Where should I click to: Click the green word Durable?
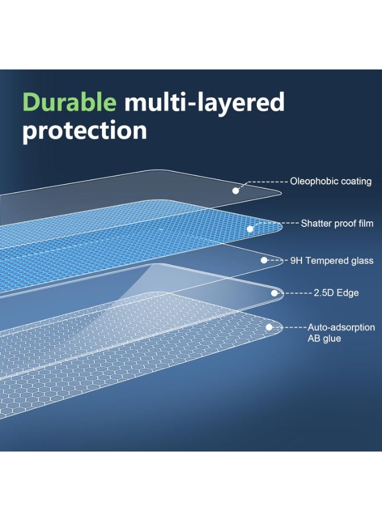[69, 103]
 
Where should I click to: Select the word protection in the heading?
[85, 131]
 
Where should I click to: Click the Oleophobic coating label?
[330, 181]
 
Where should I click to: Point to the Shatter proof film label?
[337, 223]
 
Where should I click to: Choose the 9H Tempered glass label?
[332, 260]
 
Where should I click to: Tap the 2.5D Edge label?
[336, 293]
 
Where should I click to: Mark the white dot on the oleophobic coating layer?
[236, 190]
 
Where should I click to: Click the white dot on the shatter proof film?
[250, 229]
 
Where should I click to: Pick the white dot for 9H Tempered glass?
[264, 260]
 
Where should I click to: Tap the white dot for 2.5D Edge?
[274, 293]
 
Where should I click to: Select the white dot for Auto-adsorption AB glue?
[269, 327]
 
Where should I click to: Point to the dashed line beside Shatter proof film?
[284, 223]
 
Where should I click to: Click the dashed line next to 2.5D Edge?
[297, 293]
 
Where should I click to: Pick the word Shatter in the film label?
[316, 223]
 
